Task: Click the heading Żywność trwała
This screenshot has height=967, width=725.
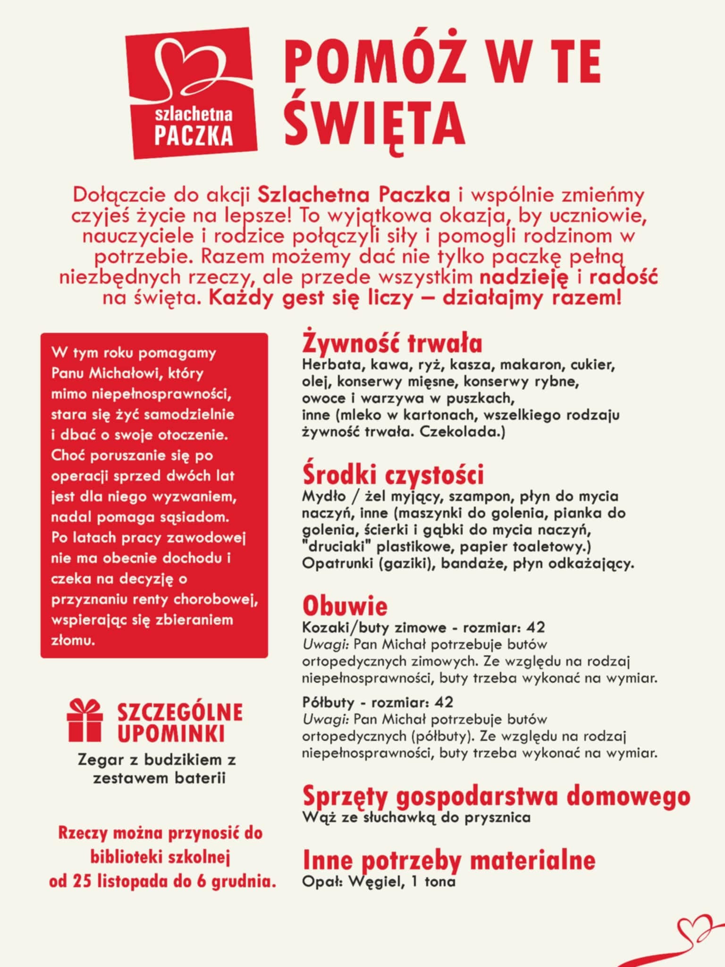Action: coord(392,344)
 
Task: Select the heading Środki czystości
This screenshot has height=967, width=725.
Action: coord(393,475)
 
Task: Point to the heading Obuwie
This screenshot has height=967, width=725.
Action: coord(345,606)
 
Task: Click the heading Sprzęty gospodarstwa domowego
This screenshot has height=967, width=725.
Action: coord(496,796)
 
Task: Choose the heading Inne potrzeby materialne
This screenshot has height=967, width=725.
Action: coord(448,860)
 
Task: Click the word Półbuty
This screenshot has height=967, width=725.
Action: coord(328,702)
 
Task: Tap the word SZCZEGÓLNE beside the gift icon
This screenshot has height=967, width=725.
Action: coord(180,713)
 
